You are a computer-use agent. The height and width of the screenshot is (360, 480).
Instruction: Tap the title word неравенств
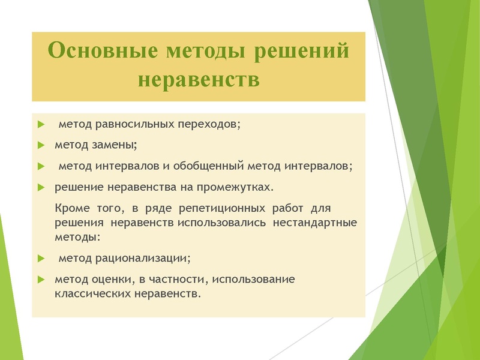tap(199, 79)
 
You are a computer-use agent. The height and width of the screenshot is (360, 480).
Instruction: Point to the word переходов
tap(208, 124)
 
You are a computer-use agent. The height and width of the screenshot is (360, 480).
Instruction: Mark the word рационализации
tap(142, 259)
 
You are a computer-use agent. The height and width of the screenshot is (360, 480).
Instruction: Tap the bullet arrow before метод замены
tap(41, 145)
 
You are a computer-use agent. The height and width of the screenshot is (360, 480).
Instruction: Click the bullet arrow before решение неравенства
tap(41, 187)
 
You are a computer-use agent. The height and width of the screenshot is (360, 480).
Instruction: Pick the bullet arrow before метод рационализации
tap(41, 259)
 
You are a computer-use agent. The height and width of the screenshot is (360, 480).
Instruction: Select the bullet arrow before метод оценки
tap(41, 280)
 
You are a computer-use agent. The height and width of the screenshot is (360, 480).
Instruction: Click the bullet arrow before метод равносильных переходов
tap(41, 125)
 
